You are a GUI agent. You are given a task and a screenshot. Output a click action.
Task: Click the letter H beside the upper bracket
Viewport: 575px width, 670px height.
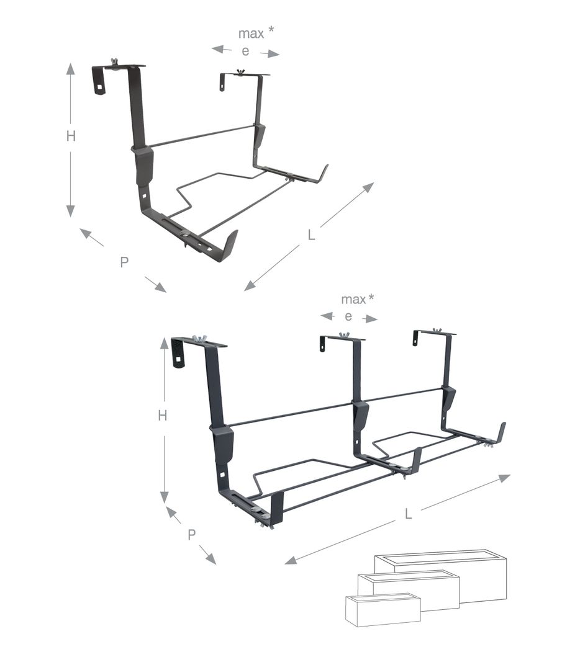point(71,136)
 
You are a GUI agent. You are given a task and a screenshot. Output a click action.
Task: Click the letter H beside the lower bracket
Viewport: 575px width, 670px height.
point(163,415)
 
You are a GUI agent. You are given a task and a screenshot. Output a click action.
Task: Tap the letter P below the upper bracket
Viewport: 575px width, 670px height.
point(124,262)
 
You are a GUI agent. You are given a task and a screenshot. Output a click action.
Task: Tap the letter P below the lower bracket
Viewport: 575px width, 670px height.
point(192,534)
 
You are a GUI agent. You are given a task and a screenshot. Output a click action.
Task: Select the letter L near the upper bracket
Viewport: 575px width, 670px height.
point(312,234)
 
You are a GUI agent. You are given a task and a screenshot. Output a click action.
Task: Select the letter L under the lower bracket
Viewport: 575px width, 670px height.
point(409,514)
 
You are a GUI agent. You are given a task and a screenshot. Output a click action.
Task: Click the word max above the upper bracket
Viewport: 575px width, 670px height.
point(251,33)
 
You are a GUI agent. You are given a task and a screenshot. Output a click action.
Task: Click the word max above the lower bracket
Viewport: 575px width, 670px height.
point(353,300)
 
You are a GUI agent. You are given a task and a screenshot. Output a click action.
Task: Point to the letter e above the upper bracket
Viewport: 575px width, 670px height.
point(245,51)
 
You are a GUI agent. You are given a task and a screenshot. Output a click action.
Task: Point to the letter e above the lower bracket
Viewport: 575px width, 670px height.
point(348,316)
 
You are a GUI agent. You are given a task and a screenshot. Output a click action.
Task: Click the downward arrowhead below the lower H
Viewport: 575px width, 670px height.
point(164,497)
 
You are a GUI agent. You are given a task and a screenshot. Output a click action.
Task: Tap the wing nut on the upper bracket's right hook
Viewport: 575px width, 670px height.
point(240,71)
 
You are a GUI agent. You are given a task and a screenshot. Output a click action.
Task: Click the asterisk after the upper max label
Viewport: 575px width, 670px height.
point(271,30)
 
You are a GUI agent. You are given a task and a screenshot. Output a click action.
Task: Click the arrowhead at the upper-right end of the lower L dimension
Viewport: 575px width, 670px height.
point(504,477)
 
